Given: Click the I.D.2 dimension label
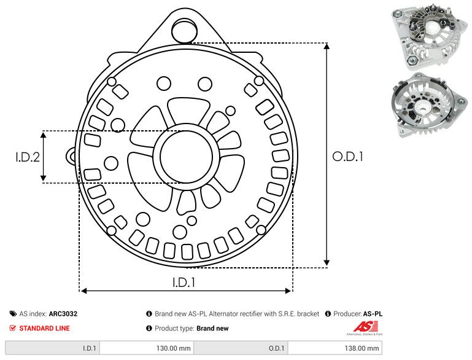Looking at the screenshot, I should [27, 157].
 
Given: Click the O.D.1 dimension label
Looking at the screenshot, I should [347, 157].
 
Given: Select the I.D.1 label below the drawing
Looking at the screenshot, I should [184, 283].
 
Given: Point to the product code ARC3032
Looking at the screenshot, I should [63, 313].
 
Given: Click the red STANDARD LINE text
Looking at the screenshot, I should [44, 328].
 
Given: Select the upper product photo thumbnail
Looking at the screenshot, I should [428, 36].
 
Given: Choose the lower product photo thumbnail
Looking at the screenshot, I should [428, 107].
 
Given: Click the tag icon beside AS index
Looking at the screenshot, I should [13, 313].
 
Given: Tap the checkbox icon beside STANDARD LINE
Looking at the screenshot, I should [13, 328].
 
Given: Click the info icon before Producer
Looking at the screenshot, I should [328, 313].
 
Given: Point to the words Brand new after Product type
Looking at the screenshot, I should [212, 328].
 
